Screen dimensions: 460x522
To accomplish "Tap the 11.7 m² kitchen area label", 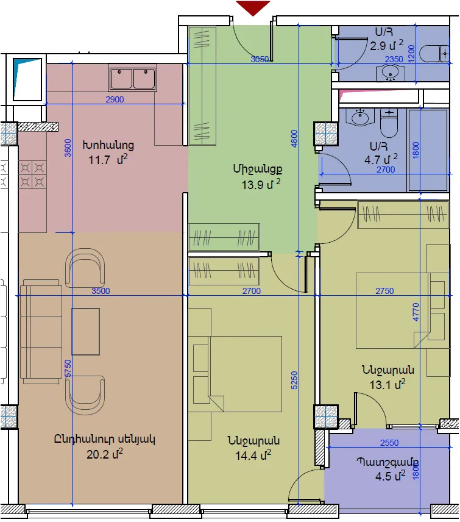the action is tap(108, 160).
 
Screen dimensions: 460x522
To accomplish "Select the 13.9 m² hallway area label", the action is tap(261, 184).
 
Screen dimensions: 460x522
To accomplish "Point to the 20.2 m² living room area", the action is tap(105, 454).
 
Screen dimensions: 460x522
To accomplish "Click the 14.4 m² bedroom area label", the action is tap(253, 455).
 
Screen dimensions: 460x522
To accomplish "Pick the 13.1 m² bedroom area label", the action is tap(387, 385).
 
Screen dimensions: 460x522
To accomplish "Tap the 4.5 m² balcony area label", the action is tap(390, 476).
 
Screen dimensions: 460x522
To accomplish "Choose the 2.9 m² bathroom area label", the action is tap(386, 45).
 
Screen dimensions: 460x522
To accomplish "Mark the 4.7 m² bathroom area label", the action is tap(381, 159).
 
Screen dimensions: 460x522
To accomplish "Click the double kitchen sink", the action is tap(132, 78).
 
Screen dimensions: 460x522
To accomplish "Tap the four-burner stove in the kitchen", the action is tap(32, 175).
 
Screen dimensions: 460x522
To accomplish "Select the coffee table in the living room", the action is tap(86, 332).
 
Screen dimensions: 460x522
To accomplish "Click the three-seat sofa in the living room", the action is tap(41, 332).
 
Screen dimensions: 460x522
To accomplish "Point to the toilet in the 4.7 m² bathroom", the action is tap(389, 123).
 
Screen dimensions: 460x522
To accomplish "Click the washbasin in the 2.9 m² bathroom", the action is tap(391, 73).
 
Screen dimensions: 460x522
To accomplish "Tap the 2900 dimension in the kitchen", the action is tap(115, 99).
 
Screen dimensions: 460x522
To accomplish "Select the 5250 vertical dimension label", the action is tap(294, 381).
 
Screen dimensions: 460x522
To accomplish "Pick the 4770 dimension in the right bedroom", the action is tap(416, 312).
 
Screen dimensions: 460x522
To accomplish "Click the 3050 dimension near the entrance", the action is tap(260, 59).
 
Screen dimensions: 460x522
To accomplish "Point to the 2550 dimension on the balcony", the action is tap(389, 443).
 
